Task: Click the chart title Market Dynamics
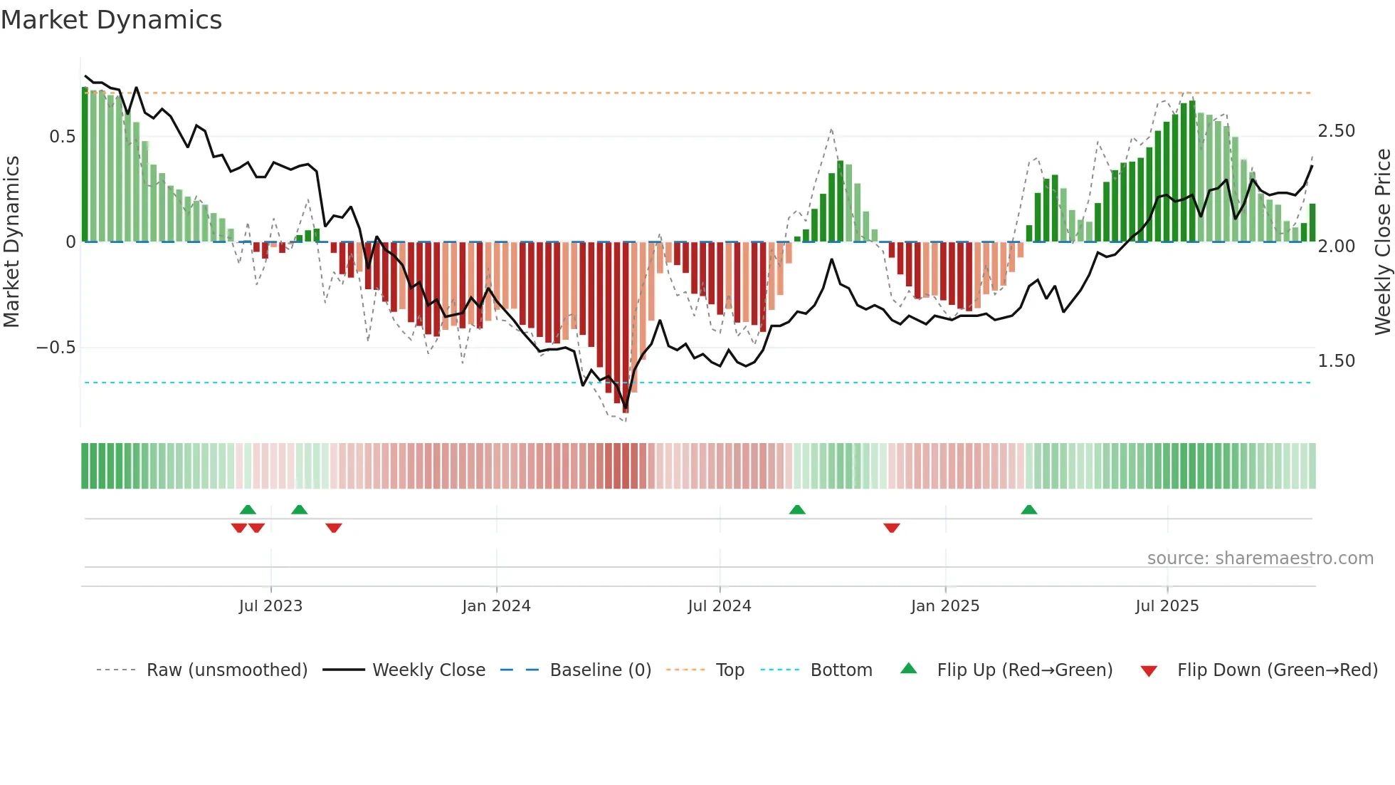click(111, 20)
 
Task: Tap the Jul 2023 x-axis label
click(270, 606)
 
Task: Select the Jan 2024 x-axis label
click(496, 606)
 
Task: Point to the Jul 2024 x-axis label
click(720, 606)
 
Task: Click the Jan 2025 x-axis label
click(945, 606)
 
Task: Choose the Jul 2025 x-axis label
click(1167, 606)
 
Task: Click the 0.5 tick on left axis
click(62, 137)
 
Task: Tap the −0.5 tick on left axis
click(56, 348)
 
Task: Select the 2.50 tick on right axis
click(1336, 131)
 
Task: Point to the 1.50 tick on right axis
click(1336, 361)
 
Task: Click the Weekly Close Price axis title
click(1382, 242)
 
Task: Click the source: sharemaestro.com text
click(1260, 558)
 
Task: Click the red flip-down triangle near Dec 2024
click(892, 528)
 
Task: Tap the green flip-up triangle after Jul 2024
click(797, 509)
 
